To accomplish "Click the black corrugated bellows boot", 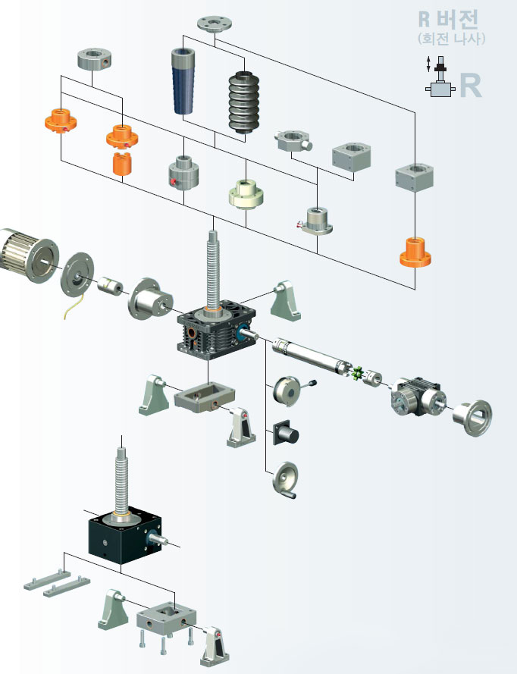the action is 244,102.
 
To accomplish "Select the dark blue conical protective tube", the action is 183,82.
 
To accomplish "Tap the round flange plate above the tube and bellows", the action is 215,24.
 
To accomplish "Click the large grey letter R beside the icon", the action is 470,86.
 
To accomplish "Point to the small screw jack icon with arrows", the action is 440,77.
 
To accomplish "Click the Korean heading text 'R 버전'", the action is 448,19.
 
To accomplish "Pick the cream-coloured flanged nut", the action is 246,194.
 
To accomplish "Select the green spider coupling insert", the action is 357,373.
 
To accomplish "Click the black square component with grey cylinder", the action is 286,433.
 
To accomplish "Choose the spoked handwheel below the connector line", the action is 285,480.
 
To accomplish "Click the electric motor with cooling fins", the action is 28,255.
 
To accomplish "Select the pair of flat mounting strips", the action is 57,583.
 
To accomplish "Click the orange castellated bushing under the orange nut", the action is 122,164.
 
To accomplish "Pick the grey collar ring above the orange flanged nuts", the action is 95,59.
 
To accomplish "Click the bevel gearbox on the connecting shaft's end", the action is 416,397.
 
